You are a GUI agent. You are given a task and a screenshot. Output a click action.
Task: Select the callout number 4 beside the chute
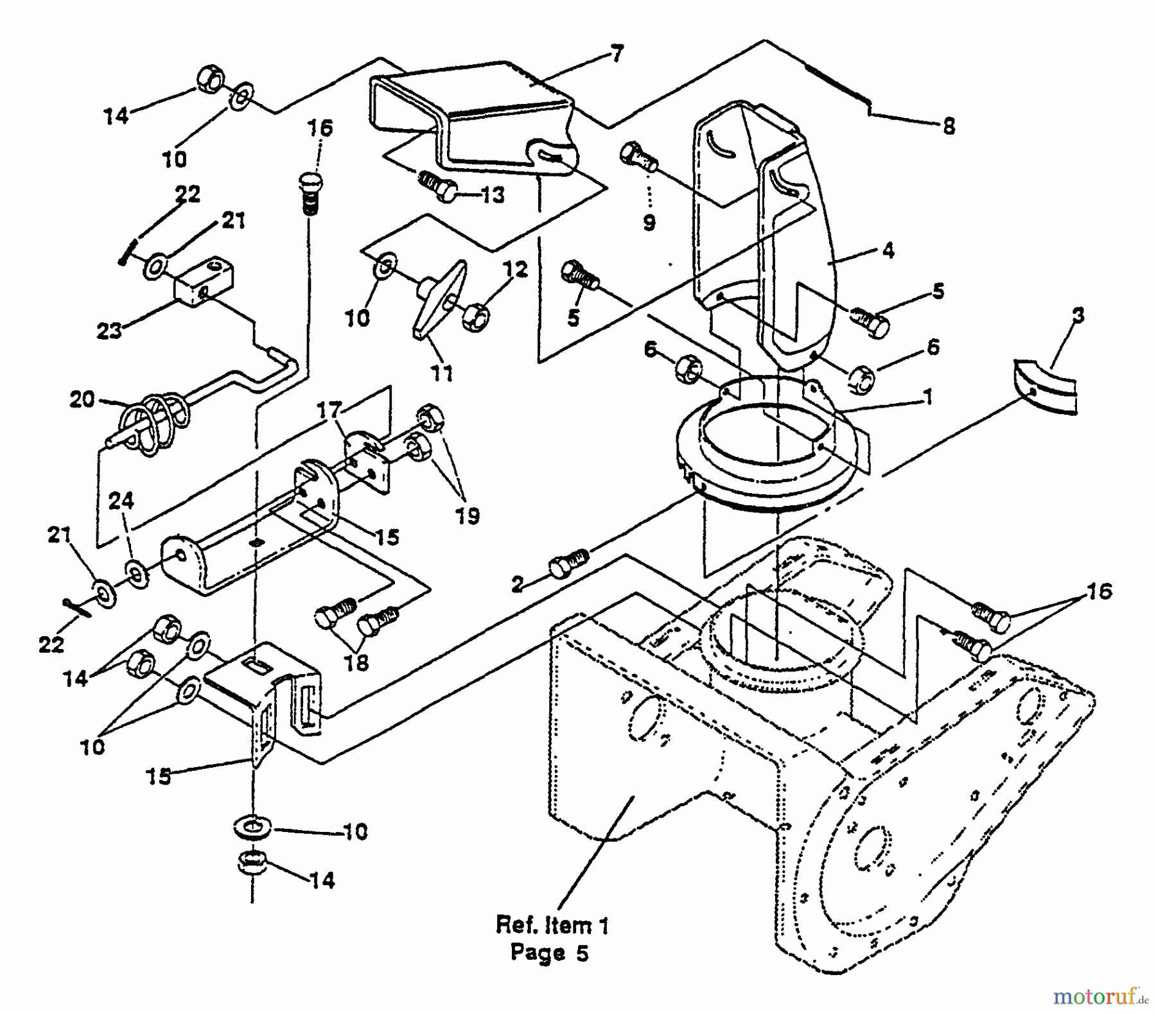coord(888,250)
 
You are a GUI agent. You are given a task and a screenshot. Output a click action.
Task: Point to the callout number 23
coord(109,331)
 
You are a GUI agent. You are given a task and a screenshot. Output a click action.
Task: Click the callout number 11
coord(441,372)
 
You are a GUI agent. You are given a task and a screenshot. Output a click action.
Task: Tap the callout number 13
coord(493,195)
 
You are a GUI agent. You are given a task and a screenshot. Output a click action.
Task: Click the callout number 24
coord(121,500)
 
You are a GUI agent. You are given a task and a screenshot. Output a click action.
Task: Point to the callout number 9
coord(649,223)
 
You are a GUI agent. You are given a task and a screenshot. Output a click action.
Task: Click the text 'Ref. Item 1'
coord(552,925)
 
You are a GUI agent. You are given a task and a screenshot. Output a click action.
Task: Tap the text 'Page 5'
coord(550,953)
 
